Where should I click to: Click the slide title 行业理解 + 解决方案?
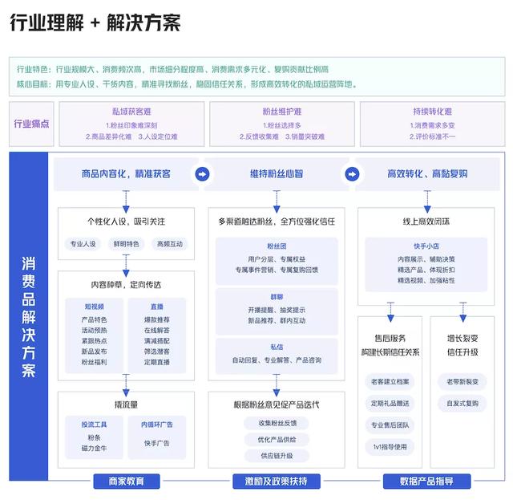coord(95,22)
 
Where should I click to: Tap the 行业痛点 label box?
coord(32,124)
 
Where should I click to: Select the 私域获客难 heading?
coord(131,112)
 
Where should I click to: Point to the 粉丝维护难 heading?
coord(281,112)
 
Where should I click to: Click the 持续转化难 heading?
coord(432,112)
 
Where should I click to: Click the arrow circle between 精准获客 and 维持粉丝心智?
coord(203,173)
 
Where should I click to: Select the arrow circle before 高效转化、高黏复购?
coord(350,173)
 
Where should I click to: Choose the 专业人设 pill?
coord(83,244)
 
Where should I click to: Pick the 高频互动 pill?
coord(170,244)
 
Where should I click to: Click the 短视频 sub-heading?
coord(94,306)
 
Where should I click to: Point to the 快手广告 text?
coord(156,443)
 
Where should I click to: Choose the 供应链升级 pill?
coord(277,455)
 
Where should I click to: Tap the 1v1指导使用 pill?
coord(390,447)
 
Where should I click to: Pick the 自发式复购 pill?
coord(462,404)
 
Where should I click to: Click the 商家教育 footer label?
coord(127,481)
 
